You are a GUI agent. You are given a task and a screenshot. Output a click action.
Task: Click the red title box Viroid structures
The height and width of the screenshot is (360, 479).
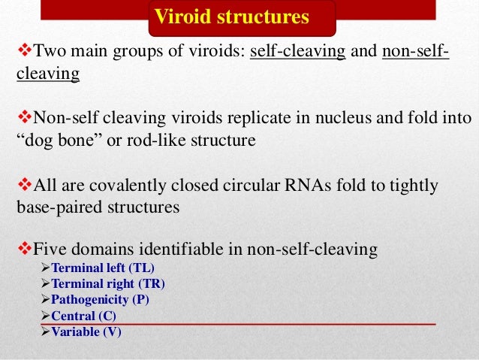pos(243,17)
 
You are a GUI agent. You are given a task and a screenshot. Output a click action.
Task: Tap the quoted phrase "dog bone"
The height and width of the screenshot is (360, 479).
pos(57,140)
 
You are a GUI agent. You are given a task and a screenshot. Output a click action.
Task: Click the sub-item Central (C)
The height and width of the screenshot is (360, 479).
pos(83,316)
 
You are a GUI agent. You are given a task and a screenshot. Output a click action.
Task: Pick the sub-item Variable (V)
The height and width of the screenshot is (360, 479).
pos(86,331)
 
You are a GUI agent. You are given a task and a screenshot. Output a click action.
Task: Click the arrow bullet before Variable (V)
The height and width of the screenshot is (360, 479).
pos(44,331)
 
